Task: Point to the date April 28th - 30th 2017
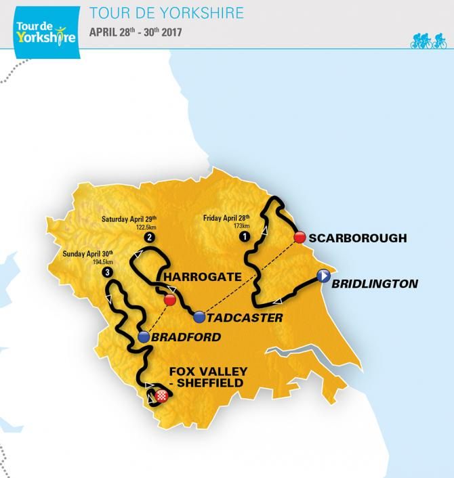(144, 32)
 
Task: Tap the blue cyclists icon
(430, 41)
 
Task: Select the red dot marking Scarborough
(298, 238)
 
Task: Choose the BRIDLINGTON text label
(375, 284)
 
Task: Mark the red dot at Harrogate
(169, 299)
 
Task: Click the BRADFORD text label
(182, 336)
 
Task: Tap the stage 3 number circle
(107, 271)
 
